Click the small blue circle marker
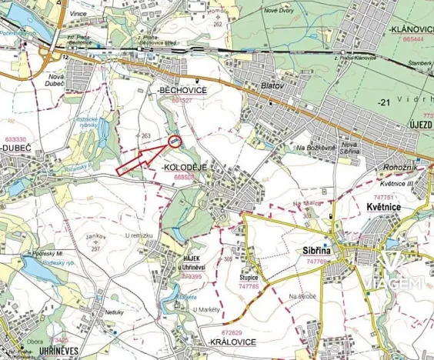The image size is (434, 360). [x=175, y=141]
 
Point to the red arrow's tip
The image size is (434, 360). [x=169, y=144]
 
